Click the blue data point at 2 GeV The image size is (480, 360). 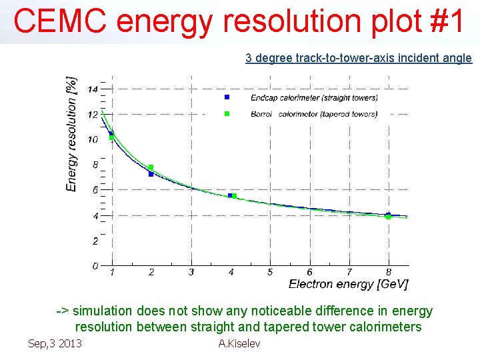click(151, 174)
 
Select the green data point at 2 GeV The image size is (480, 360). click(151, 167)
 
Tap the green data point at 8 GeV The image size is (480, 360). click(388, 217)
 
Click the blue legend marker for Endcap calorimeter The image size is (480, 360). click(227, 97)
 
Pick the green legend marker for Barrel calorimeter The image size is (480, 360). click(227, 113)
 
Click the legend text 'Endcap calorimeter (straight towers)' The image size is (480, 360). click(314, 98)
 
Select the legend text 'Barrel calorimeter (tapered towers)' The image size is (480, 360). click(314, 114)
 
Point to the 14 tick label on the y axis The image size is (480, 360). click(93, 89)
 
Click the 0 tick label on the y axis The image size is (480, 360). click(95, 266)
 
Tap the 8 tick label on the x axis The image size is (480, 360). click(389, 272)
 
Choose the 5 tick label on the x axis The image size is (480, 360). click(270, 272)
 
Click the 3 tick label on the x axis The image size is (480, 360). click(191, 272)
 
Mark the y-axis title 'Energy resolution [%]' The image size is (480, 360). click(71, 134)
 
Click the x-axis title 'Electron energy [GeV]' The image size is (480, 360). click(349, 285)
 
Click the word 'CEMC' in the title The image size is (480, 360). click(60, 21)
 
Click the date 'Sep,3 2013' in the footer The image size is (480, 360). click(55, 343)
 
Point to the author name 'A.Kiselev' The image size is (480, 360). click(239, 343)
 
